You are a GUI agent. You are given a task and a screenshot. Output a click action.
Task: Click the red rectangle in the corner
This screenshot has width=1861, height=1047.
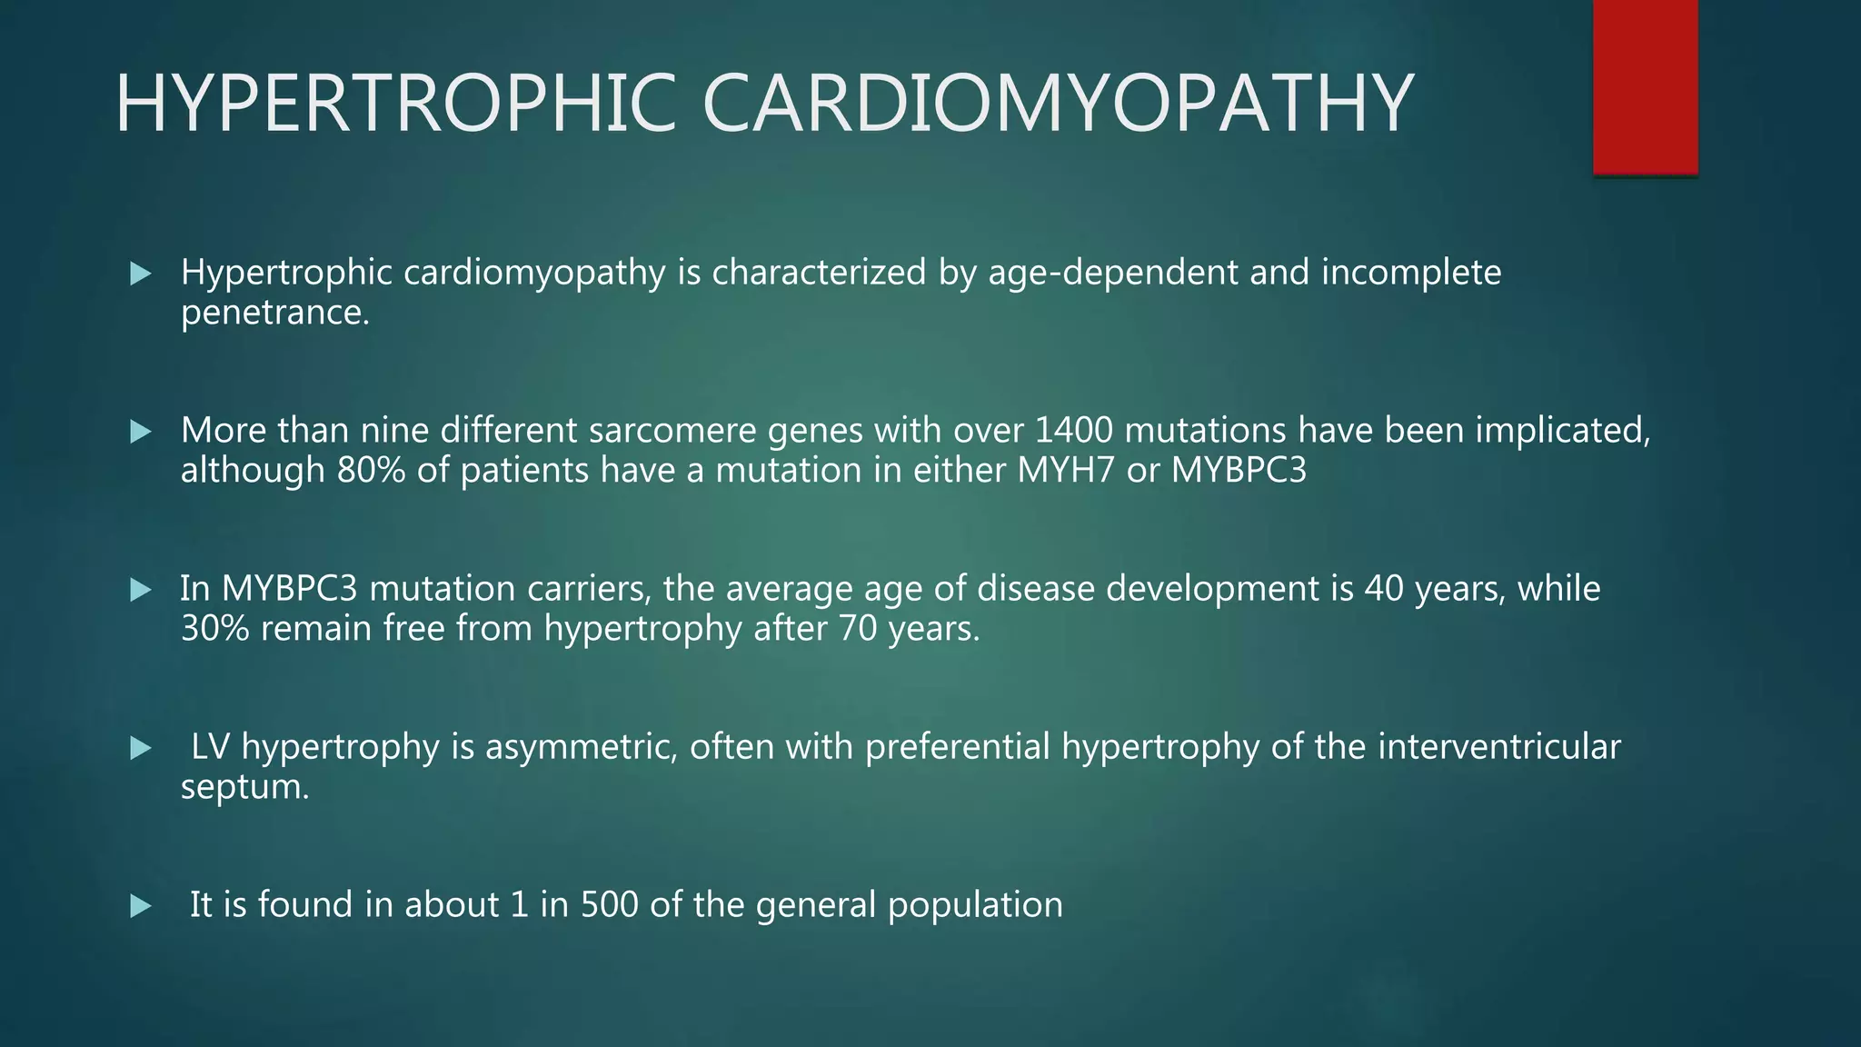coord(1645,86)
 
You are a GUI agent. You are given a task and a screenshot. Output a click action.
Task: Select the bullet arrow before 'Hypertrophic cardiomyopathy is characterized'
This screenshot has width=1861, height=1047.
coord(141,274)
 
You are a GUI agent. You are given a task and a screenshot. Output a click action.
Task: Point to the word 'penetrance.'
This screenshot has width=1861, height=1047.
coord(275,314)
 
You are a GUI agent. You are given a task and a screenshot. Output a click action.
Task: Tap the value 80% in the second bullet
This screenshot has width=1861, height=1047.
coord(371,471)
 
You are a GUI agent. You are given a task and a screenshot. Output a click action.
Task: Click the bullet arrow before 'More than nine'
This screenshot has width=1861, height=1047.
coord(141,432)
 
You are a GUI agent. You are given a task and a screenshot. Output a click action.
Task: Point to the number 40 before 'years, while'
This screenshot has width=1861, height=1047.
coord(1384,589)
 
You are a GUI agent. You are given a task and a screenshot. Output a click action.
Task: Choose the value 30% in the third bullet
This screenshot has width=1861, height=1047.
coord(214,629)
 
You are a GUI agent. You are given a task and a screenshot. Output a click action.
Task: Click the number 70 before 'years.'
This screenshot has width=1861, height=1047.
coord(857,629)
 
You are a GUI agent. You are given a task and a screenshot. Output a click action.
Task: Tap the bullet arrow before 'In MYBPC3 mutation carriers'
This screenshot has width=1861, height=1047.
coord(141,590)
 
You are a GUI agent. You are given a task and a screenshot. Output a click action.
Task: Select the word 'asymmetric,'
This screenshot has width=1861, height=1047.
coord(582,747)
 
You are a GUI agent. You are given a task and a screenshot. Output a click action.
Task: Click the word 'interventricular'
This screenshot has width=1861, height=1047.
coord(1498,747)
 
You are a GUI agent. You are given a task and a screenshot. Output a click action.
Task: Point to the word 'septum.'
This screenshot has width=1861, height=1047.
coord(245,787)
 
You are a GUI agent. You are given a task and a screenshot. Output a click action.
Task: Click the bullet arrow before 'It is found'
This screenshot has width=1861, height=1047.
coord(141,906)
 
